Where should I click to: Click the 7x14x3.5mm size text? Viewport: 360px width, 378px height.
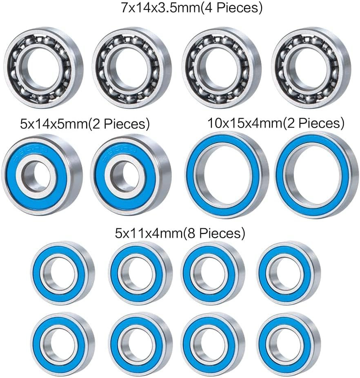click(x=160, y=8)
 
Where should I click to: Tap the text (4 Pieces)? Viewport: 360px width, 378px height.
click(x=231, y=8)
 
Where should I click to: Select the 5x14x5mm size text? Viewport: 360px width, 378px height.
click(x=54, y=124)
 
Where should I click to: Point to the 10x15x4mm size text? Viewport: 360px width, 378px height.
click(x=245, y=123)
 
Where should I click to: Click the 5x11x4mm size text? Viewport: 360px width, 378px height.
click(x=149, y=233)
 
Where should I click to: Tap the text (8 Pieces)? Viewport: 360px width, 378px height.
click(x=214, y=233)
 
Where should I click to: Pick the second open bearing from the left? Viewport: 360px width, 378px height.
click(x=131, y=68)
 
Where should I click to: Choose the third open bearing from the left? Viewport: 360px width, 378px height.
click(x=222, y=68)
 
